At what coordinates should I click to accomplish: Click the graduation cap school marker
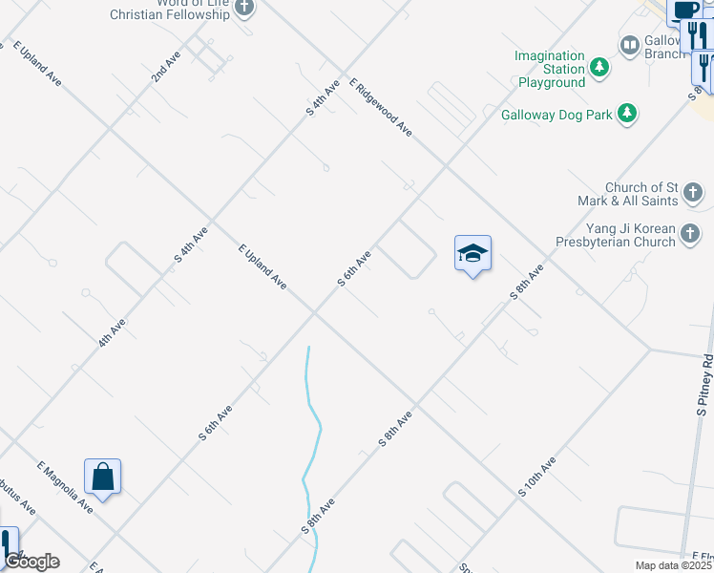tap(472, 254)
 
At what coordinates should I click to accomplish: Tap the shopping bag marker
tap(102, 477)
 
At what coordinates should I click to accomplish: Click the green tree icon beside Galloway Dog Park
tap(627, 115)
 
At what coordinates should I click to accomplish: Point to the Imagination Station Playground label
tap(551, 69)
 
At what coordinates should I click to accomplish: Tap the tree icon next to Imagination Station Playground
tap(599, 67)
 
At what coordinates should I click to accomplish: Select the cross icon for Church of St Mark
tap(694, 194)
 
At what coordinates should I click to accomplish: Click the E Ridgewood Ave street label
tap(381, 107)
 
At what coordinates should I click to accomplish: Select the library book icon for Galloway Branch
tap(629, 44)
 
